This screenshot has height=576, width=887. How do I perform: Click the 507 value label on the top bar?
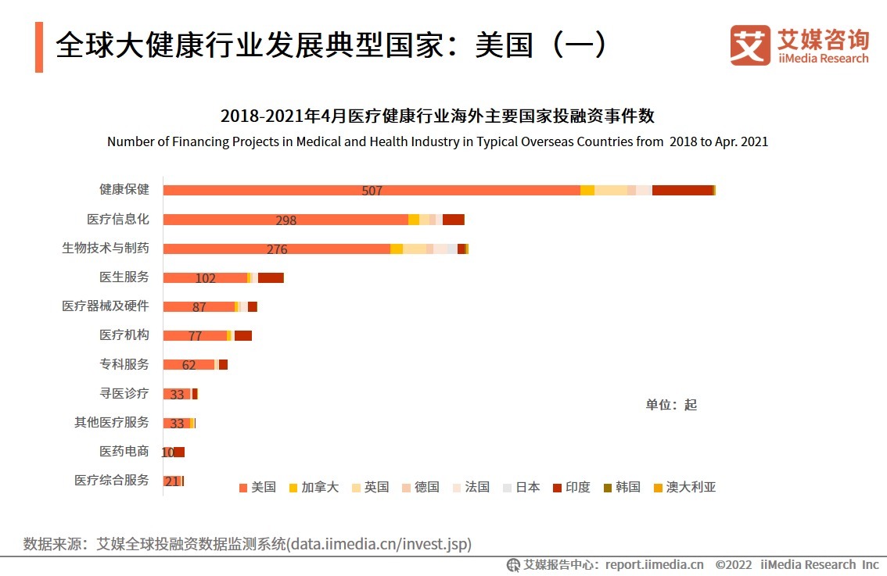click(372, 191)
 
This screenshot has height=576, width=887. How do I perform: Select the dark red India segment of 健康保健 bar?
click(682, 190)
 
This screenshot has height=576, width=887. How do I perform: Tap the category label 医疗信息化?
click(117, 219)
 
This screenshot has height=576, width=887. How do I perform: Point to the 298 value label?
click(286, 220)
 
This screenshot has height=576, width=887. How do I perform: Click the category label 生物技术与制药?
click(105, 248)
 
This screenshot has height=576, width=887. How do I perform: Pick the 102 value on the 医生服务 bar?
click(206, 278)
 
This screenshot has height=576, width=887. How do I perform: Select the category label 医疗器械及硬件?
click(105, 306)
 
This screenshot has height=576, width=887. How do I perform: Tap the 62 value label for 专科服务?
click(189, 365)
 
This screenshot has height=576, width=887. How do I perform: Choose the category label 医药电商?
click(124, 451)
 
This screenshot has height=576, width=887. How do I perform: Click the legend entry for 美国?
click(257, 487)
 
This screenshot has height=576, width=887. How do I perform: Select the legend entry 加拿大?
click(314, 487)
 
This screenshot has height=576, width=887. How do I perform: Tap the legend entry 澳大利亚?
click(684, 487)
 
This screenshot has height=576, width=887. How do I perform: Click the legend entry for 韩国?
click(622, 487)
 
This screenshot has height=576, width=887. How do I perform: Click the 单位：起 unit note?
click(670, 404)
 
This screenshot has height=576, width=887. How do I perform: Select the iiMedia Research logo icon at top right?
click(749, 45)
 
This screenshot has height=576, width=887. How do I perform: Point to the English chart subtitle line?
click(437, 141)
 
